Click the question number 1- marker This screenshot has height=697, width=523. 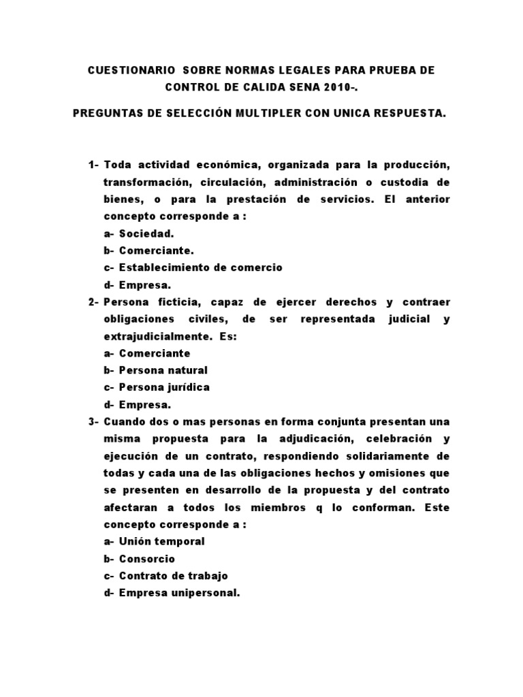coord(94,166)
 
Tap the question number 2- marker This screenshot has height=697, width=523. coord(94,302)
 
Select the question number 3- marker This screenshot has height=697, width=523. coord(94,421)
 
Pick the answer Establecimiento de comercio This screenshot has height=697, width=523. coord(200,268)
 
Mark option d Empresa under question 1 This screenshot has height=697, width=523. coord(144,285)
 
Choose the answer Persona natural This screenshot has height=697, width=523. coord(163,370)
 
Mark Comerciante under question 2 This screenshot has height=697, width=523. coord(155,353)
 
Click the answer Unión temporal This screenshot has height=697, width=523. coord(161,541)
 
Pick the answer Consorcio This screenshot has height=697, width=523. coord(147,558)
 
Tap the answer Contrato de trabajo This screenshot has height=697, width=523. coord(173,575)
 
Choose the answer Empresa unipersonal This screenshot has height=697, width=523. coord(179,592)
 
